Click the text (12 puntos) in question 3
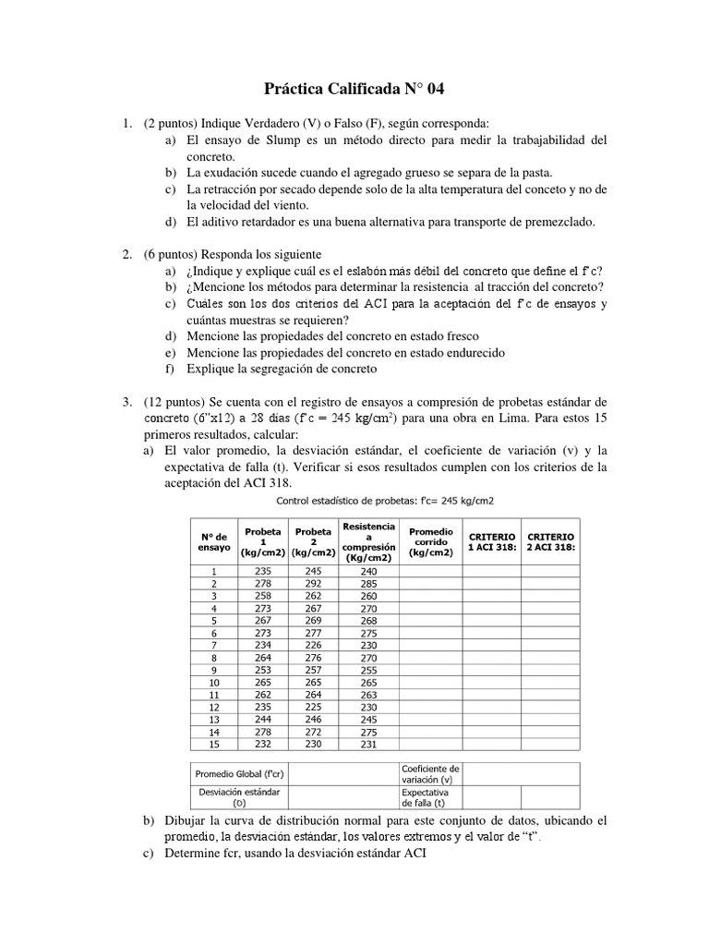pos(175,402)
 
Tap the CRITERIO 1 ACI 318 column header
pos(491,541)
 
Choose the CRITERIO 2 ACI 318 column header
pos(550,541)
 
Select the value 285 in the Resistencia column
pos(368,584)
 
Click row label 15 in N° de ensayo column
pos(214,745)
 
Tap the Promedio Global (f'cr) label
pos(238,772)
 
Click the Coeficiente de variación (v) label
pos(430,774)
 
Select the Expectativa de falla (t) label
pos(425,798)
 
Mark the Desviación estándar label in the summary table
pos(238,798)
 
